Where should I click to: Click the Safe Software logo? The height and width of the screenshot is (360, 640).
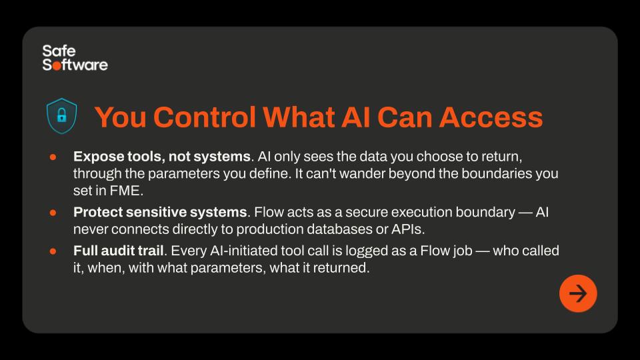point(75,58)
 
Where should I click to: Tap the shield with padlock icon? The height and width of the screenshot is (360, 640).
point(61,116)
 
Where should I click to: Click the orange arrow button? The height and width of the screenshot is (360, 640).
point(578,293)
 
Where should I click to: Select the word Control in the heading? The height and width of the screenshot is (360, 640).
point(205,117)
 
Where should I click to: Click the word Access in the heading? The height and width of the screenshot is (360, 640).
point(491,117)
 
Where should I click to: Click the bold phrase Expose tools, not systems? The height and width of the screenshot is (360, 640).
point(161,157)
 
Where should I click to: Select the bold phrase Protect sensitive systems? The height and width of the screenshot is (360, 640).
point(160,212)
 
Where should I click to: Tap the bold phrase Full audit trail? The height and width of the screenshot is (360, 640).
point(119,251)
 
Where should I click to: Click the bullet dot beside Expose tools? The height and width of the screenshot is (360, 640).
point(53,157)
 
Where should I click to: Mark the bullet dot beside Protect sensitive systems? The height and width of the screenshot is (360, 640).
point(53,212)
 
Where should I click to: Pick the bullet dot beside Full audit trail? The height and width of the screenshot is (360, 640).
point(53,251)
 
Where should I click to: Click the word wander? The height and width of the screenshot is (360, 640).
point(361,174)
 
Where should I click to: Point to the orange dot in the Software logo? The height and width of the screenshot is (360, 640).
point(56,65)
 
